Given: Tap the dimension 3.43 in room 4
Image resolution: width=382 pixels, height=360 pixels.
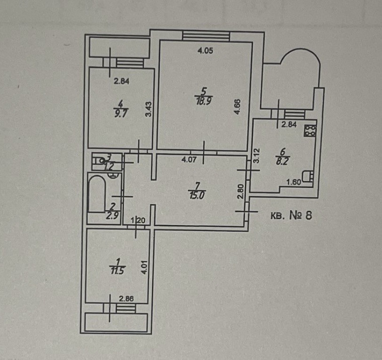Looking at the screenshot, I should tap(147, 110).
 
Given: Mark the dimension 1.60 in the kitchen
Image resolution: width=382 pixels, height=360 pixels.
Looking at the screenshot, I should tap(294, 183).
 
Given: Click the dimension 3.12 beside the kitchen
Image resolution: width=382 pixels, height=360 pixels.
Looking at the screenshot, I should tap(256, 156).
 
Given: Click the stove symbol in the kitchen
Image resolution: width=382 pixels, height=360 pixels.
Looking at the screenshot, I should tap(310, 130).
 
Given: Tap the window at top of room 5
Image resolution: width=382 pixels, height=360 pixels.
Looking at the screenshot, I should tap(206, 36).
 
